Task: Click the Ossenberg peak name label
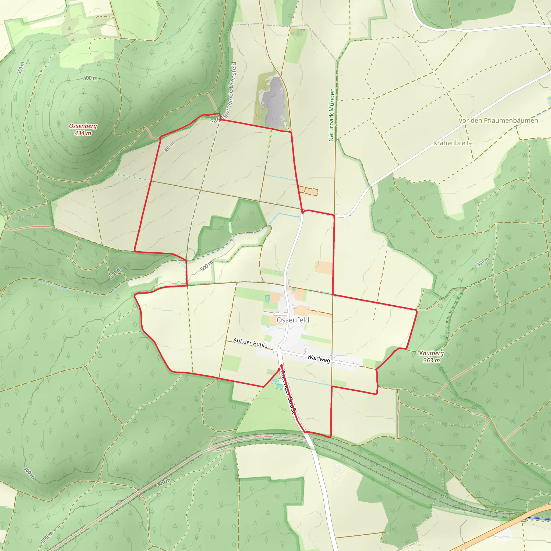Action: pyautogui.click(x=83, y=126)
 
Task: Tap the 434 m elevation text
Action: pyautogui.click(x=83, y=133)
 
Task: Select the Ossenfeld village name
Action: pyautogui.click(x=293, y=320)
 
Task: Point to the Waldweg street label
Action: pyautogui.click(x=319, y=359)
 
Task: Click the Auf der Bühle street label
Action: pyautogui.click(x=250, y=342)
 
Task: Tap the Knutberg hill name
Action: pyautogui.click(x=432, y=353)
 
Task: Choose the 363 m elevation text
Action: pyautogui.click(x=431, y=361)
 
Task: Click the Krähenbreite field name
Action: pyautogui.click(x=453, y=143)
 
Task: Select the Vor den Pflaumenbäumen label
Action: pyautogui.click(x=498, y=120)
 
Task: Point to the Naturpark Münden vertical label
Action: pyautogui.click(x=331, y=115)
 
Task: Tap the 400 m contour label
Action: pyautogui.click(x=90, y=78)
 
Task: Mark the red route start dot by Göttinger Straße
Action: pyautogui.click(x=281, y=365)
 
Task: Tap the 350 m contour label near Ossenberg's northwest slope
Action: pyautogui.click(x=20, y=68)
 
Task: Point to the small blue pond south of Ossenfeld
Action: pyautogui.click(x=274, y=380)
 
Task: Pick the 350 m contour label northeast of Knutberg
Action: pyautogui.click(x=483, y=262)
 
